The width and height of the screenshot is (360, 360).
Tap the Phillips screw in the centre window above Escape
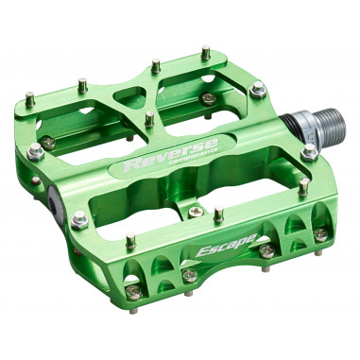click(x=193, y=209)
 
